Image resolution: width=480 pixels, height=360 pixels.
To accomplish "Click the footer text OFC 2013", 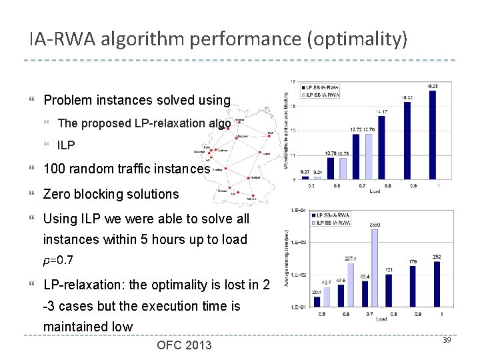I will [184, 345].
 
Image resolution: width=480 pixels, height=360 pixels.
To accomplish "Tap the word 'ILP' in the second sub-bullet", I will [67, 145].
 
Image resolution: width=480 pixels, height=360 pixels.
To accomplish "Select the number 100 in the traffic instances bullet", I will [55, 169].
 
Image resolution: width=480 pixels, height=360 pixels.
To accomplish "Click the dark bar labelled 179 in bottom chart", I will [412, 287].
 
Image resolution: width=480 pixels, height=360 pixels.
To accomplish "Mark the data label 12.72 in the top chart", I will [357, 129].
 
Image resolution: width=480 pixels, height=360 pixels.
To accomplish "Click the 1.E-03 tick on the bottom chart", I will [298, 243].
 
